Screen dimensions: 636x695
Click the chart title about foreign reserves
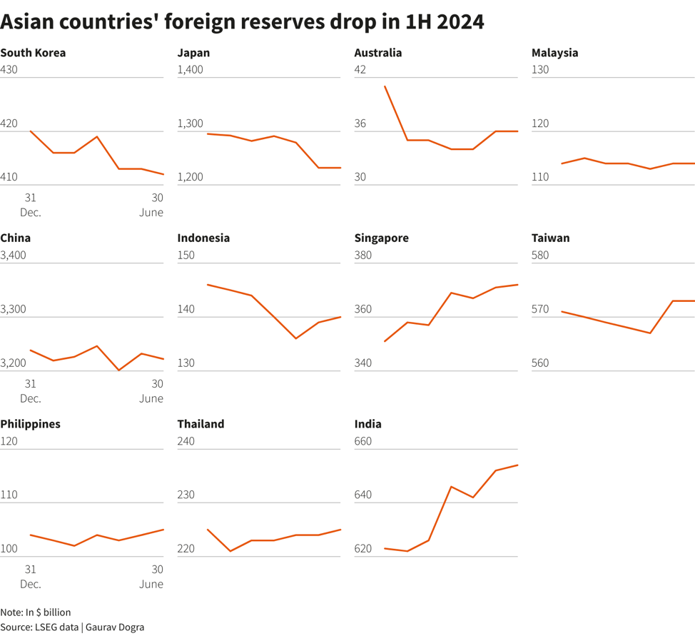pyautogui.click(x=242, y=22)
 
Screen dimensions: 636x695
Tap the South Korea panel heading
pyautogui.click(x=33, y=53)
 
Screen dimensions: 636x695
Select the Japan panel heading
pyautogui.click(x=193, y=53)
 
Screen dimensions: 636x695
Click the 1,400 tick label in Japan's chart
pyautogui.click(x=191, y=70)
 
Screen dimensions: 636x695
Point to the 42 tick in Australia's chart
pyautogui.click(x=360, y=70)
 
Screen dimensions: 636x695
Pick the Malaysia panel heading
pyautogui.click(x=554, y=53)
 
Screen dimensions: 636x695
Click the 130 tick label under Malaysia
pyautogui.click(x=541, y=70)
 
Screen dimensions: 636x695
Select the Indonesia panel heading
pyautogui.click(x=203, y=238)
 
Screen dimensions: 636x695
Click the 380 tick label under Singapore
pyautogui.click(x=363, y=256)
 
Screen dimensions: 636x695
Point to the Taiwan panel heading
pyautogui.click(x=550, y=238)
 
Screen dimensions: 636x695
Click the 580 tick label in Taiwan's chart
pyautogui.click(x=541, y=256)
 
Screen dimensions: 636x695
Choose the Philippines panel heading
pyautogui.click(x=30, y=424)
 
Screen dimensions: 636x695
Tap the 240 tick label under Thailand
pyautogui.click(x=186, y=441)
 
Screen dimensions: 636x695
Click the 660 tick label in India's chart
pyautogui.click(x=363, y=441)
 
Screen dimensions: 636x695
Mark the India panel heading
pyautogui.click(x=367, y=424)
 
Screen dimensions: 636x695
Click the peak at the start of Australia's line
pyautogui.click(x=385, y=86)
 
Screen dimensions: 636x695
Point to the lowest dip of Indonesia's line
pyautogui.click(x=296, y=338)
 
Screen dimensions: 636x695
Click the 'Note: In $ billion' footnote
pyautogui.click(x=36, y=612)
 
